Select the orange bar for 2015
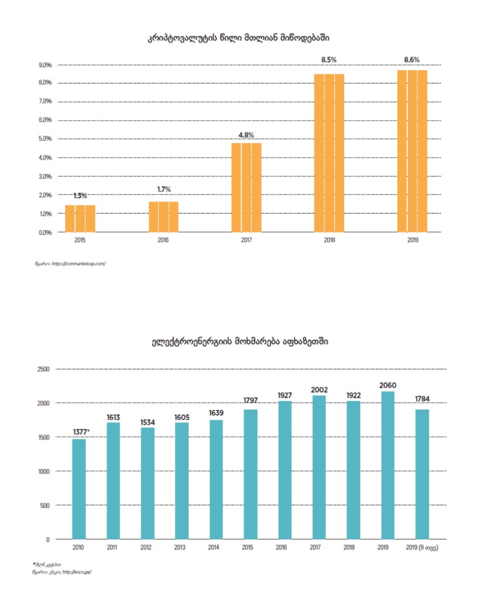(x=80, y=219)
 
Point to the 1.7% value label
(x=163, y=189)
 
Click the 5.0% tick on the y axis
(x=45, y=139)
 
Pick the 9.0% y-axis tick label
(x=45, y=64)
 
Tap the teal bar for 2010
(x=79, y=489)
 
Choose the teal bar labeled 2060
(x=388, y=465)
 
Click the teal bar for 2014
(x=216, y=479)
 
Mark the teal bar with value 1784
(x=422, y=474)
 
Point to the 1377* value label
(x=81, y=432)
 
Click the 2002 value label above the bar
(x=319, y=389)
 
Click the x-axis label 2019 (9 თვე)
(x=422, y=547)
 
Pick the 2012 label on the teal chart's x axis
(x=148, y=547)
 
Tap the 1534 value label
(x=148, y=422)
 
